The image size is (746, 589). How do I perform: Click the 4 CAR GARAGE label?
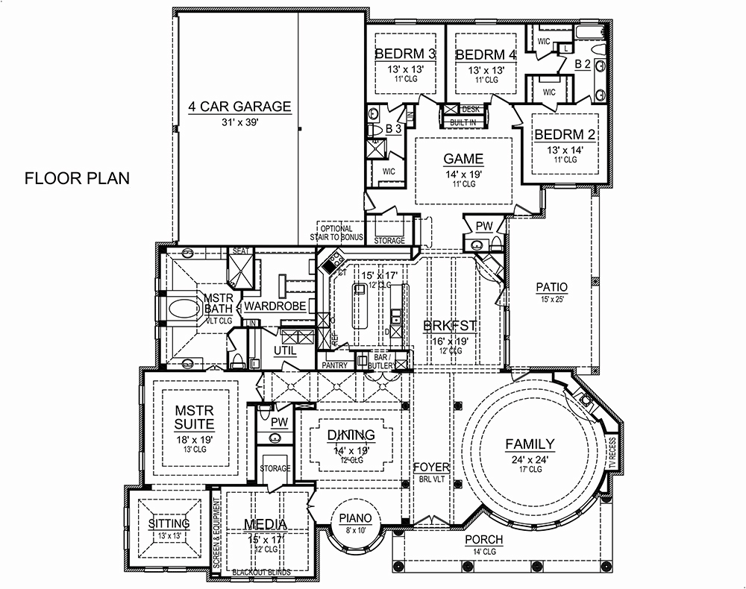click(x=239, y=107)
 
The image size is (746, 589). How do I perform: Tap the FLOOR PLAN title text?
click(x=77, y=179)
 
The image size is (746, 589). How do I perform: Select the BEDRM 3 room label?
click(x=405, y=54)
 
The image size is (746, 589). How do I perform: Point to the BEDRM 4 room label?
click(x=486, y=54)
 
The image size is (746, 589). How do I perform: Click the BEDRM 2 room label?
click(x=565, y=135)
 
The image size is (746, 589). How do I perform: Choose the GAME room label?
click(x=463, y=159)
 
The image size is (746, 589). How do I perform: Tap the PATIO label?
click(x=552, y=287)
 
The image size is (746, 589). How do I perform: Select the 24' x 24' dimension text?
click(x=530, y=460)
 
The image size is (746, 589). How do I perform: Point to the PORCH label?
click(x=483, y=540)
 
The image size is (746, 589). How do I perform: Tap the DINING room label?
click(x=351, y=435)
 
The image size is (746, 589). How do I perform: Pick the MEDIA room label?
click(x=266, y=525)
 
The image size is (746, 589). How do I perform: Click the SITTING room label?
click(x=169, y=523)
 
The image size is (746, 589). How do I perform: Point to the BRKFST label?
click(x=450, y=326)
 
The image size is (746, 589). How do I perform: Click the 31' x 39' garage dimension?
click(x=239, y=123)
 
